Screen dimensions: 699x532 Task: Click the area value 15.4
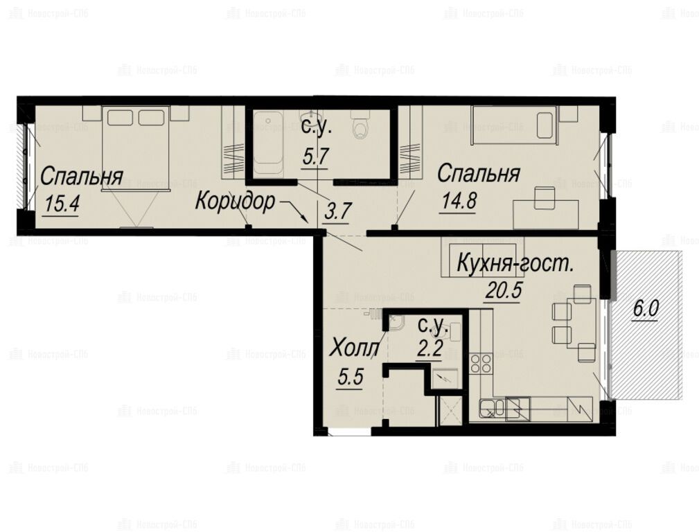62,204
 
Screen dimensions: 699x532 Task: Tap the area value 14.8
459,200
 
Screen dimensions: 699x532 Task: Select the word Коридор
235,202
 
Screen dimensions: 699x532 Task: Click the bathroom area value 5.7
315,157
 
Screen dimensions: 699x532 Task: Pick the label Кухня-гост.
515,264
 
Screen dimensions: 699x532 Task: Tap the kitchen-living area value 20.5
504,291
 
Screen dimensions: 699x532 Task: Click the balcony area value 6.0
646,308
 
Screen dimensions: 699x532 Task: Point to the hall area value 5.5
351,378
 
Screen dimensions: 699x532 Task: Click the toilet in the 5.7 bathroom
360,122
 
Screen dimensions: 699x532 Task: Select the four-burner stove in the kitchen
481,362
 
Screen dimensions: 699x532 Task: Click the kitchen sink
492,408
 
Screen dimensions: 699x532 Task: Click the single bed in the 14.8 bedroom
515,125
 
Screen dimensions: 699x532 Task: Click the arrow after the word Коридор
294,212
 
